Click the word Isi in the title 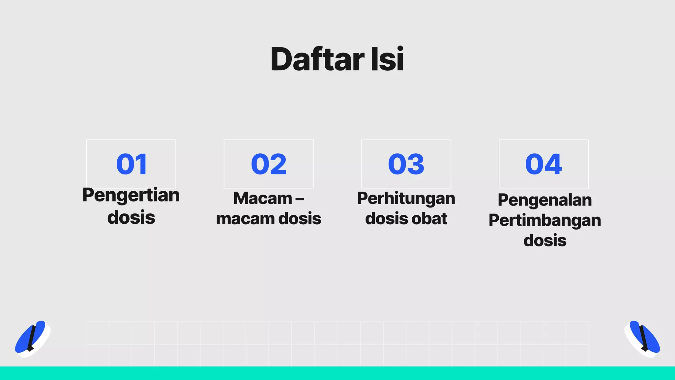[x=387, y=59]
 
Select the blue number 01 [x=132, y=164]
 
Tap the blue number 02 [x=269, y=164]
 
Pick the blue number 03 [x=406, y=164]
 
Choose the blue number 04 [x=543, y=164]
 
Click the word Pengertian [x=131, y=195]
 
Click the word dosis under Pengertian [x=131, y=218]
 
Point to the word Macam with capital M [x=263, y=199]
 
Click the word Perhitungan [x=406, y=199]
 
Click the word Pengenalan [x=544, y=200]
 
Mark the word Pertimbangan [x=544, y=221]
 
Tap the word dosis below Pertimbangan [x=545, y=240]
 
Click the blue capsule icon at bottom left [x=31, y=337]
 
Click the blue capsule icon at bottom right [x=643, y=337]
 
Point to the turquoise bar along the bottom [x=337, y=373]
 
